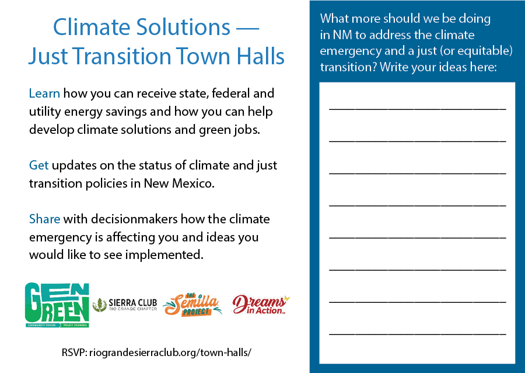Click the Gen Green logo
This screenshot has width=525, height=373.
pyautogui.click(x=57, y=305)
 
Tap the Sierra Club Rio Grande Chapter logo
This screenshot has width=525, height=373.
pyautogui.click(x=125, y=305)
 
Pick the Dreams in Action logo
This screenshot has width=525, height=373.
pyautogui.click(x=261, y=305)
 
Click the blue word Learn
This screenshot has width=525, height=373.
pyautogui.click(x=44, y=94)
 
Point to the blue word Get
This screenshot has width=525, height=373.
pyautogui.click(x=39, y=165)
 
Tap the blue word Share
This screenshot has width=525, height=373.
pyautogui.click(x=45, y=219)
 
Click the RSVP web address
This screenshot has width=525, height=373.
pyautogui.click(x=170, y=353)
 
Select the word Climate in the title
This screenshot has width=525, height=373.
pyautogui.click(x=92, y=27)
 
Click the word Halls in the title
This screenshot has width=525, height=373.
pyautogui.click(x=261, y=56)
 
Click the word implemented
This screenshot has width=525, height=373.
pyautogui.click(x=164, y=255)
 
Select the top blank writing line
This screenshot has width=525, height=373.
pyautogui.click(x=418, y=109)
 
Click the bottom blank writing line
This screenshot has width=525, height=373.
pyautogui.click(x=418, y=334)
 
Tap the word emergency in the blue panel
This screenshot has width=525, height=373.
pyautogui.click(x=351, y=51)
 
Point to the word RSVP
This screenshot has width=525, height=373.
pyautogui.click(x=74, y=353)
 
